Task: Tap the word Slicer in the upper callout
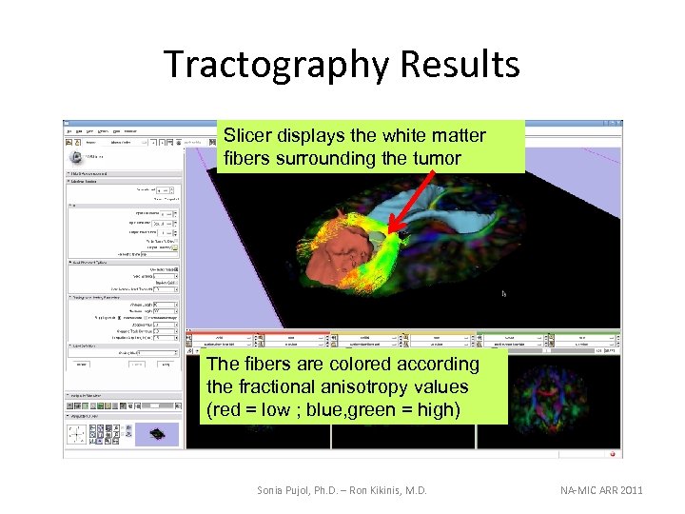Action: click(x=249, y=136)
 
